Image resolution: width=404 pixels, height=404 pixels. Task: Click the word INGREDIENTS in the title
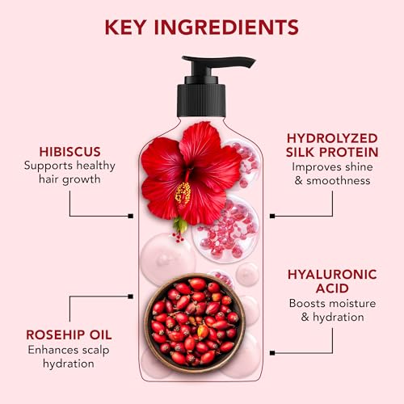[231, 26]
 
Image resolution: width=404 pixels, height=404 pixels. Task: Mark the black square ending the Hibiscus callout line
[131, 216]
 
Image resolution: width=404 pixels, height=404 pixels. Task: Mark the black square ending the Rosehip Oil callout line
[131, 295]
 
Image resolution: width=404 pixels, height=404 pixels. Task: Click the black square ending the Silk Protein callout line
[272, 216]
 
